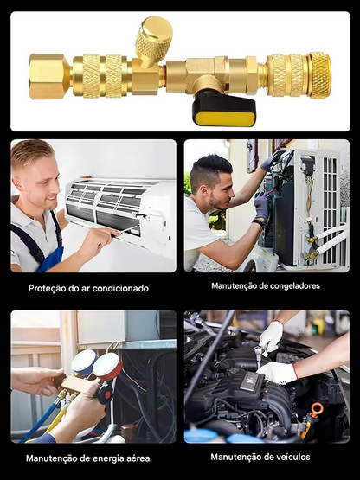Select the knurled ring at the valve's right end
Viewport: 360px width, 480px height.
click(320, 75)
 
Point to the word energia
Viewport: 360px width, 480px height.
click(109, 458)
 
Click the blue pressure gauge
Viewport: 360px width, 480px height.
click(83, 362)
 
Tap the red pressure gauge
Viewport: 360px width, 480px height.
click(107, 367)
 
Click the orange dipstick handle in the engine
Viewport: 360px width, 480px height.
click(316, 410)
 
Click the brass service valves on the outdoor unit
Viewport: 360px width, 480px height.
click(312, 248)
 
